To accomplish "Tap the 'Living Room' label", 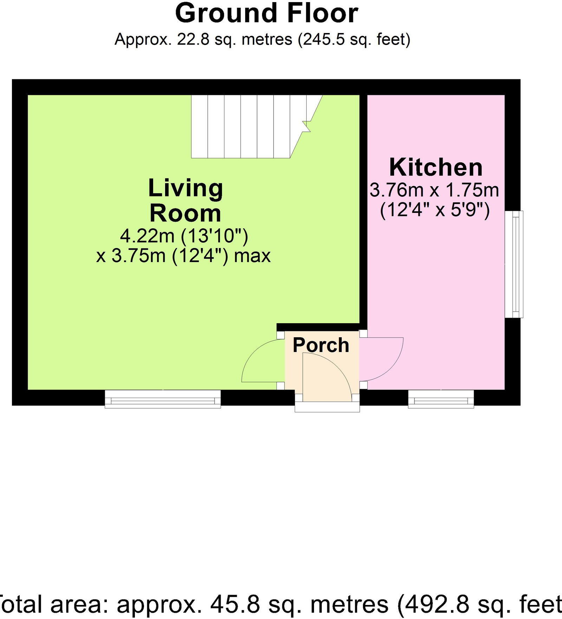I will tap(185, 201).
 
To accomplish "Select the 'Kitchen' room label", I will tap(436, 167).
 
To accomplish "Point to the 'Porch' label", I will tap(321, 345).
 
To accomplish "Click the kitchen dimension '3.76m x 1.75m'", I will tap(434, 190).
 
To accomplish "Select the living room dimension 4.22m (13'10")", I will tap(184, 236).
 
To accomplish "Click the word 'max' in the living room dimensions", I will tap(252, 256).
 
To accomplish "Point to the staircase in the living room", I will tap(246, 126).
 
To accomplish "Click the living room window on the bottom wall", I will tap(163, 399).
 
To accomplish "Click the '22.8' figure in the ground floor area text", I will tap(190, 39).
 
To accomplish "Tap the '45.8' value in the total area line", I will tap(235, 604).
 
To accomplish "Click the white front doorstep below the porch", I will tap(327, 407).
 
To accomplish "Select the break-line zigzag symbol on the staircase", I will tap(306, 126).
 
